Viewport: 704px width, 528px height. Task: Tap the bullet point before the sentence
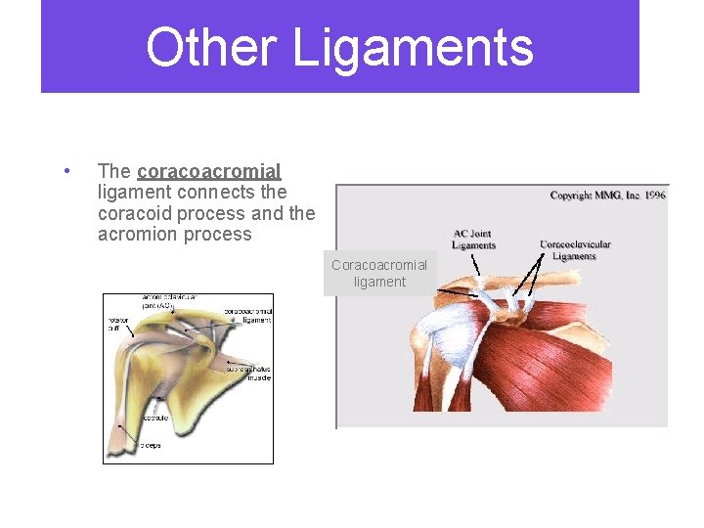pos(66,171)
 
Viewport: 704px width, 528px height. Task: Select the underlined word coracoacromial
pos(209,171)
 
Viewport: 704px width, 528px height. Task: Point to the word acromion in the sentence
pos(136,235)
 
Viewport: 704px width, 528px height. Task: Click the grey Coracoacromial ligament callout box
pos(378,274)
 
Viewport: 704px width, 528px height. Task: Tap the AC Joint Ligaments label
pos(474,240)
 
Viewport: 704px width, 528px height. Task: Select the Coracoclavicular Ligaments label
pos(575,249)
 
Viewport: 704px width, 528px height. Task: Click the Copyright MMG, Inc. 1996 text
pos(607,196)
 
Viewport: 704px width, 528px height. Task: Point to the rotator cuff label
pos(118,324)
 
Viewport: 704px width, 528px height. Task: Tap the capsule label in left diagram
pos(154,418)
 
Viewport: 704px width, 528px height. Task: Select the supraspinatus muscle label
pos(249,373)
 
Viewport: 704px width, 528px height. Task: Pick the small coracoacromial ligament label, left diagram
pos(248,316)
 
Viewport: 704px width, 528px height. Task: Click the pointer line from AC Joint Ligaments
pos(476,264)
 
